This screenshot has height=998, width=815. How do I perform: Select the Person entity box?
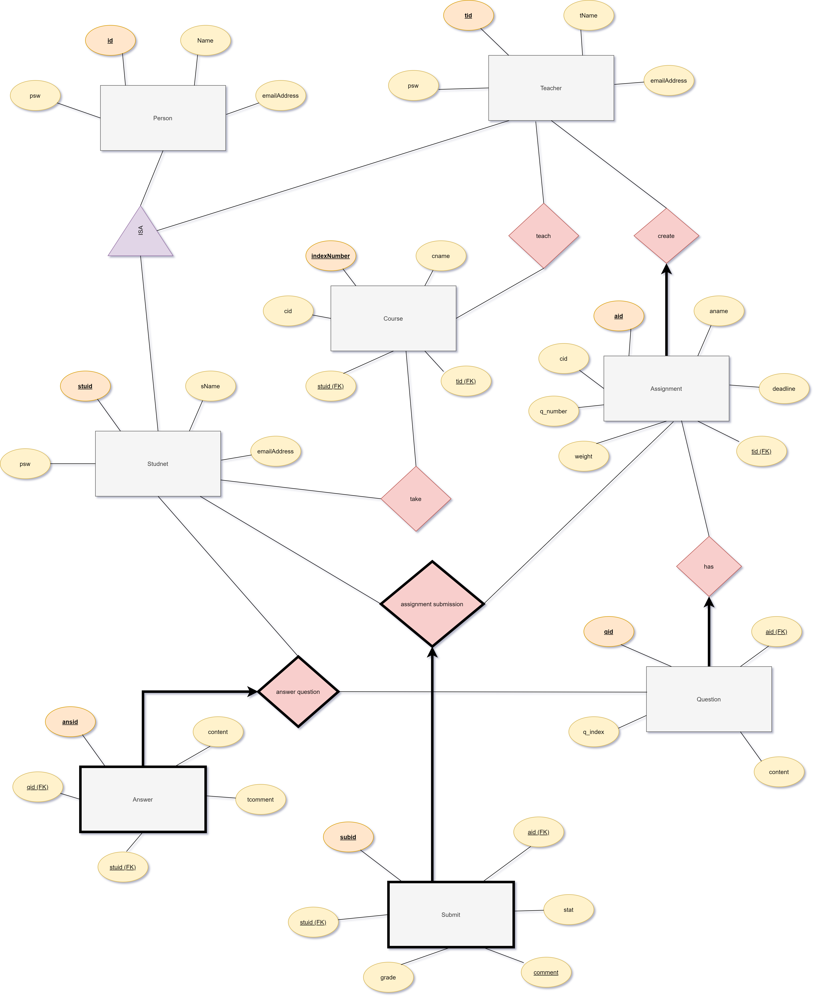coord(163,118)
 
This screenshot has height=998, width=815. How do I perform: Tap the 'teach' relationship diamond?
coord(544,236)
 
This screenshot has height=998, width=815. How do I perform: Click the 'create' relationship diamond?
coord(666,236)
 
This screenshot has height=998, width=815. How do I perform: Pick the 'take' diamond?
coord(416,498)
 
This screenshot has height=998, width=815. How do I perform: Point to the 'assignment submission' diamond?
coord(432,604)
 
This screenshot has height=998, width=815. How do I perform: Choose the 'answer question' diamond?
coord(298,691)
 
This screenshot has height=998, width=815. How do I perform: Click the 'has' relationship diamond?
coord(709,567)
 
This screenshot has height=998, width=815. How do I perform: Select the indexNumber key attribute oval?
coord(330,256)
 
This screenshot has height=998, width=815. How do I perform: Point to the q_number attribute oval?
coord(554,411)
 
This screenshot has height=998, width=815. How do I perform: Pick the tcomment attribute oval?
coord(260,799)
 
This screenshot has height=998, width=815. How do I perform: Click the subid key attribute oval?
coord(348,837)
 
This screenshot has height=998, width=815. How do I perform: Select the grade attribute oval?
coord(388,977)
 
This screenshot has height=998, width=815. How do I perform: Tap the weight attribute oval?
coord(584,456)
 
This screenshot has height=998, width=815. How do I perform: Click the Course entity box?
coord(393,318)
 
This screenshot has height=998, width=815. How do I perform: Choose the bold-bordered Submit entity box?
coord(451,914)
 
